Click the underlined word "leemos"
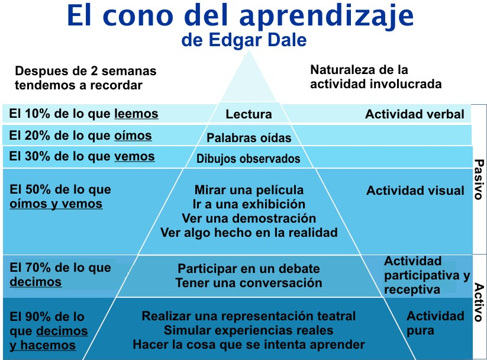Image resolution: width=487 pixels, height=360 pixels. coord(136,114)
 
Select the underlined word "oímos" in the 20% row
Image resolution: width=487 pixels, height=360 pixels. coord(133,136)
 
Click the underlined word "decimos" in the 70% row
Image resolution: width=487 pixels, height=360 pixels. coord(36,282)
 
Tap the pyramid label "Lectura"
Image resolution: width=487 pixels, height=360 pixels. coord(249,114)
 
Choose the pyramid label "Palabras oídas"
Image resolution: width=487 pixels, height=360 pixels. coord(249,138)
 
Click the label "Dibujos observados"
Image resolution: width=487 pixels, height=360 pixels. coord(249,159)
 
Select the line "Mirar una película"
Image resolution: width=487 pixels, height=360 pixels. coord(249,190)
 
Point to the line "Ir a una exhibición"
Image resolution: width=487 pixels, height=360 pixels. coord(249,204)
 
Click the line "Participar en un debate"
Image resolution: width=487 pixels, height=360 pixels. coord(249,268)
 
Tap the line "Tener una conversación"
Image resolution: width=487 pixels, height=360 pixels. coord(249,282)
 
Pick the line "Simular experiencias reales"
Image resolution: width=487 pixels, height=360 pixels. coord(249,330)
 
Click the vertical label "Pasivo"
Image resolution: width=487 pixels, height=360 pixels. coord(479,179)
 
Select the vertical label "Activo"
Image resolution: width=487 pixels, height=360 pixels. coord(479,301)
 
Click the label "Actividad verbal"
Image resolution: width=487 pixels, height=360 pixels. coord(414,114)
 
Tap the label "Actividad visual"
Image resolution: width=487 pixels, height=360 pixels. coord(415,191)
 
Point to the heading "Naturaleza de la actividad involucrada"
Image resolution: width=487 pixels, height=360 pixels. coord(376,77)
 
